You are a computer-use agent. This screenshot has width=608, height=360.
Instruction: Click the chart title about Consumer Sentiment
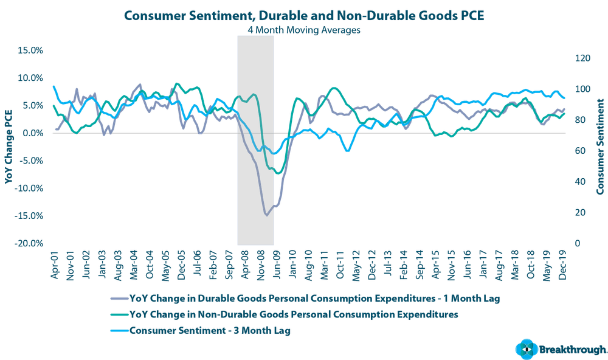tap(303, 15)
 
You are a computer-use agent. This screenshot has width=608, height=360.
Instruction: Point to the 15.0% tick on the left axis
tap(30, 50)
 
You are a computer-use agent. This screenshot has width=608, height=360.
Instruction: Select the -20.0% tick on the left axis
tap(29, 243)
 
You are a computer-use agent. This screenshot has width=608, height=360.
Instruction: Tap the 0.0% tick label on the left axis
tap(31, 133)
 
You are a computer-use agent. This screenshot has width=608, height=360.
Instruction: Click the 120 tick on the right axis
tap(582, 58)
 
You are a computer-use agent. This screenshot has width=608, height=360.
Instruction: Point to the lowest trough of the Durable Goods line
tap(267, 214)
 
